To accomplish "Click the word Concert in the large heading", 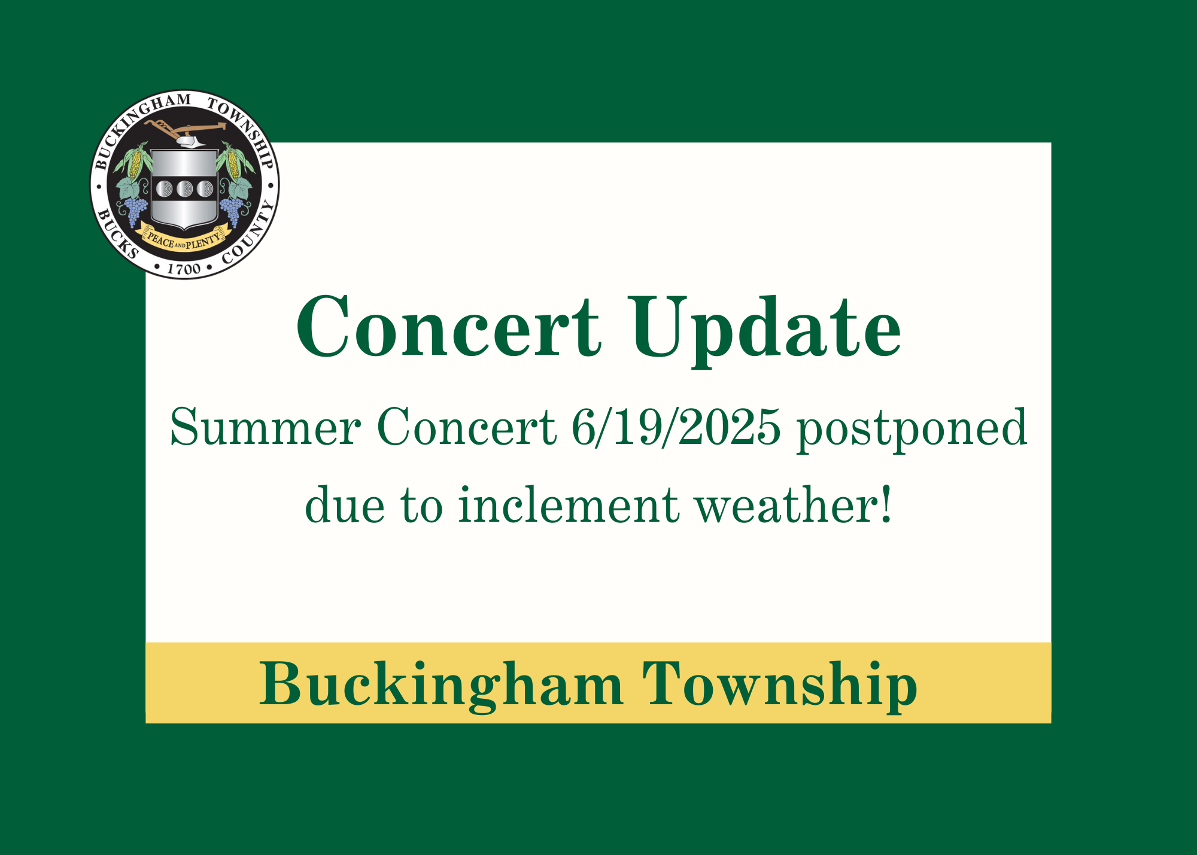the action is pos(449,327).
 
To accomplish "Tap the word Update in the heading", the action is pos(767,331).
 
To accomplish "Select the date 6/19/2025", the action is pos(676,427).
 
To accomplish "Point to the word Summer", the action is pos(266,427).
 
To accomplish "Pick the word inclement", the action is pos(569,504).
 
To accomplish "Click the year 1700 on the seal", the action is pos(184,269).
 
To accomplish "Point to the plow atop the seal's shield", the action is pos(186,133).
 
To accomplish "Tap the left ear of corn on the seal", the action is pos(135,163).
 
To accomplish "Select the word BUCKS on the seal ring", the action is pos(117,233).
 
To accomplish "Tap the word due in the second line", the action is pos(345,504).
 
